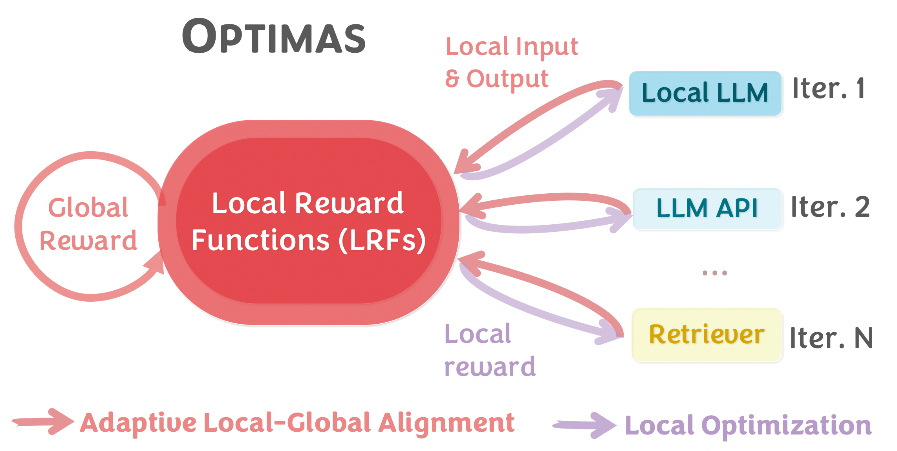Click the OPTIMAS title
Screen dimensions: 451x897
coord(274,37)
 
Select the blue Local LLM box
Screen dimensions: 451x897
coord(705,93)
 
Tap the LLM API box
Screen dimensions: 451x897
coord(707,209)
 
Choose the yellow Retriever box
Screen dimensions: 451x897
coord(707,335)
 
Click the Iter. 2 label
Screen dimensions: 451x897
coord(830,207)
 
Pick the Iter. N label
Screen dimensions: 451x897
coord(831,338)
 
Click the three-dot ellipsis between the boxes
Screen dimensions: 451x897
coord(714,273)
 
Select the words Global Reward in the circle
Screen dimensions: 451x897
coord(88,224)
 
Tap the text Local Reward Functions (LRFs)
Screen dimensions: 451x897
coord(308,222)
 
